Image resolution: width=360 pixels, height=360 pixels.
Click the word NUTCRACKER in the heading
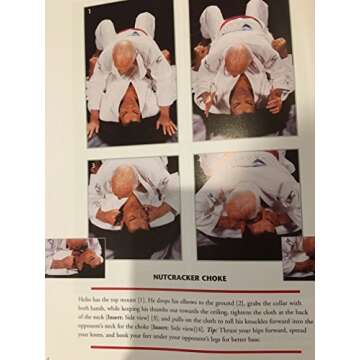coord(161,279)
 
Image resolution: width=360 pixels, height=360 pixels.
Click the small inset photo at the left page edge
coord(71,256)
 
